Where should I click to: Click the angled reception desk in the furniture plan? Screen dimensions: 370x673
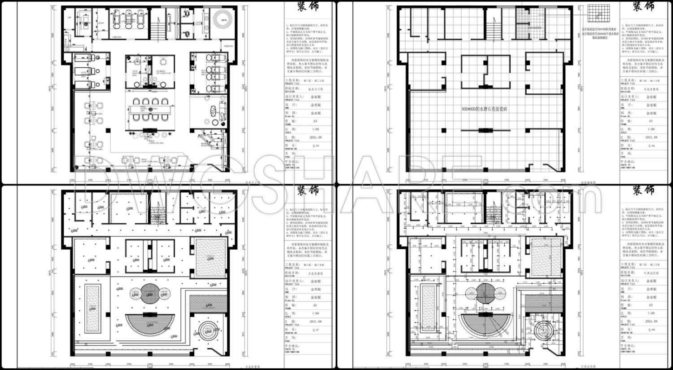click(207, 138)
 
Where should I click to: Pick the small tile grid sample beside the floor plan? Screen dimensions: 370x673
click(599, 15)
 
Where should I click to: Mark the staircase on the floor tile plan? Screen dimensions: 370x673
click(494, 27)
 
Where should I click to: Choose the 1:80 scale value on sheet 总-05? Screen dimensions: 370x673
click(316, 129)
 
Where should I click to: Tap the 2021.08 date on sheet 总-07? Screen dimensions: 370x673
click(316, 322)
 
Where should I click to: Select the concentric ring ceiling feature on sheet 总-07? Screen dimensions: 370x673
click(209, 333)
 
